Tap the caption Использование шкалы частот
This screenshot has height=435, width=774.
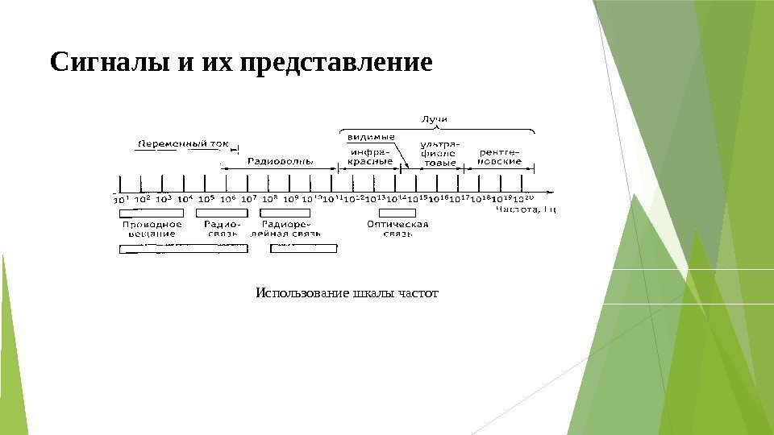point(347,293)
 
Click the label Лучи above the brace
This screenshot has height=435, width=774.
point(435,119)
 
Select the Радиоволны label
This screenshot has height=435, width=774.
point(280,161)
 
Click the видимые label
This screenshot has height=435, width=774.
point(370,137)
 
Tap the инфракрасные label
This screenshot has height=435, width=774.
point(370,155)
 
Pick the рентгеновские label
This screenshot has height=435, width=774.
point(499,155)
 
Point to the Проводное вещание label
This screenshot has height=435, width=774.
point(152,229)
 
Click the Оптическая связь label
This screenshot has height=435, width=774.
point(397,229)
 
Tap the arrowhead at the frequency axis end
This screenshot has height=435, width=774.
point(551,192)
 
